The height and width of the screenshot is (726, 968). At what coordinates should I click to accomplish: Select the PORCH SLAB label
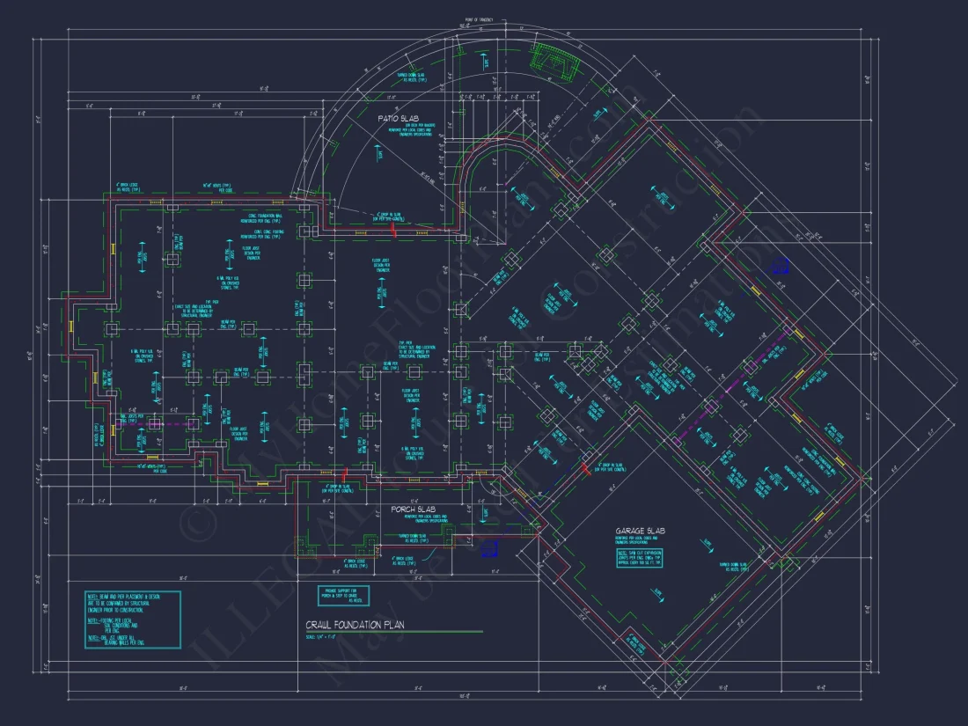(x=409, y=510)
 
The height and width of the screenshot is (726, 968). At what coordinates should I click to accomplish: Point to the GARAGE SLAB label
(x=641, y=532)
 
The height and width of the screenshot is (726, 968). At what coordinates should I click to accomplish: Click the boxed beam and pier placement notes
(x=132, y=620)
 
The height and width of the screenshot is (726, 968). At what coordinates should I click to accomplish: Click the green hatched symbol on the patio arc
(x=552, y=59)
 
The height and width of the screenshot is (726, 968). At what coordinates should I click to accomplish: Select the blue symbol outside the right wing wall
(x=779, y=266)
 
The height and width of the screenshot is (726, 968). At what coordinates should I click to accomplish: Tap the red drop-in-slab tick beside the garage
(x=587, y=469)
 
